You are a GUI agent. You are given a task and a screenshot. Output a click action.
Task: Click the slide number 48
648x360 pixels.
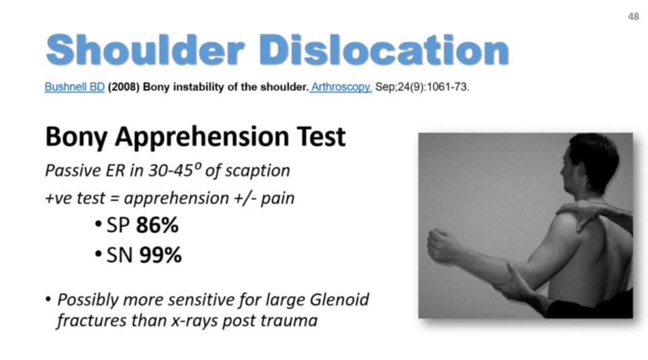pyautogui.click(x=632, y=17)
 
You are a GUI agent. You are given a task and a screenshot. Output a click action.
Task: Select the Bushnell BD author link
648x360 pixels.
pyautogui.click(x=74, y=88)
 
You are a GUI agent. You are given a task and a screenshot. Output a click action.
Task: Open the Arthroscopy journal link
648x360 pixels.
pyautogui.click(x=341, y=88)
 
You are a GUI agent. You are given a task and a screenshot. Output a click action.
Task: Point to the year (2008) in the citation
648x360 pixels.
pyautogui.click(x=122, y=88)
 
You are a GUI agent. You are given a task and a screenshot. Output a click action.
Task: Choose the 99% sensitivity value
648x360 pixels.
pyautogui.click(x=159, y=255)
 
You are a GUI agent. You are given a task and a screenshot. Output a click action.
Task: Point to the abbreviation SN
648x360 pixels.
pyautogui.click(x=116, y=255)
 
